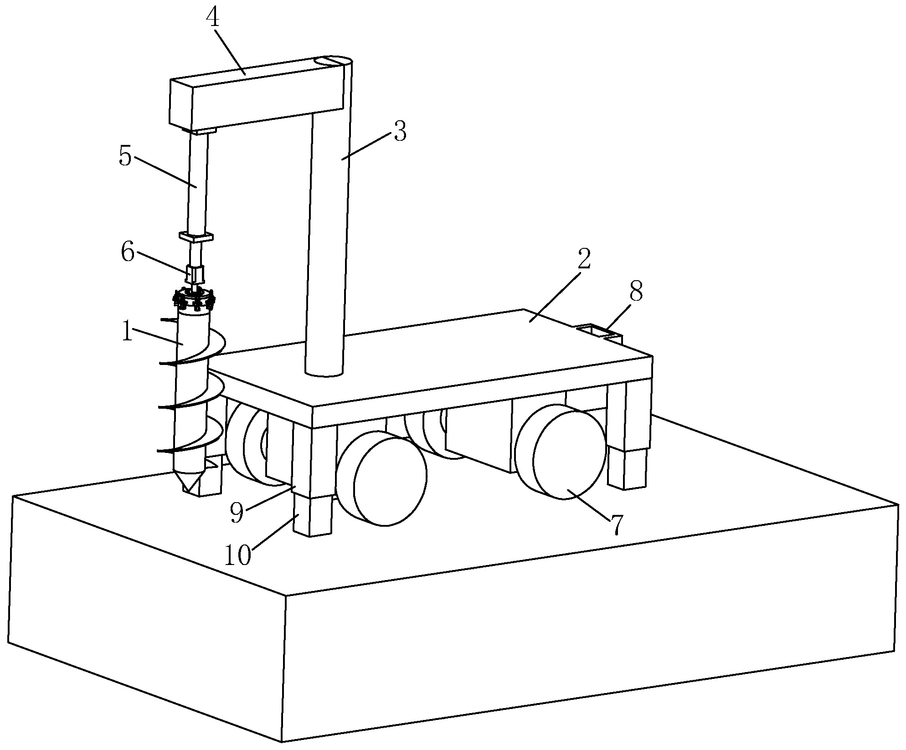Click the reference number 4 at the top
(212, 18)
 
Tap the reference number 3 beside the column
(399, 131)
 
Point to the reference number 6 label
(128, 252)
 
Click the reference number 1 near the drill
(127, 333)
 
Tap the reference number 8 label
(636, 291)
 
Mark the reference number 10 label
(237, 556)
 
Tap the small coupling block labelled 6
(196, 274)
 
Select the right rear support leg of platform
(628, 436)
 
